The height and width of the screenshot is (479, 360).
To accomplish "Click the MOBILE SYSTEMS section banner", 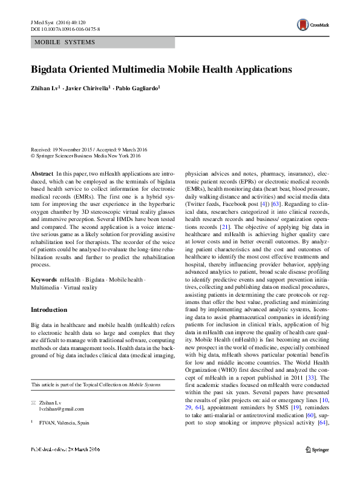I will (103, 43).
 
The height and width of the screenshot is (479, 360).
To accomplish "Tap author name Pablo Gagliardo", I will (139, 88).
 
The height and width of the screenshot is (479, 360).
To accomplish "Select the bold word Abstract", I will (42, 173).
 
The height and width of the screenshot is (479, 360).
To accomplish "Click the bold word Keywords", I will (44, 280).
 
